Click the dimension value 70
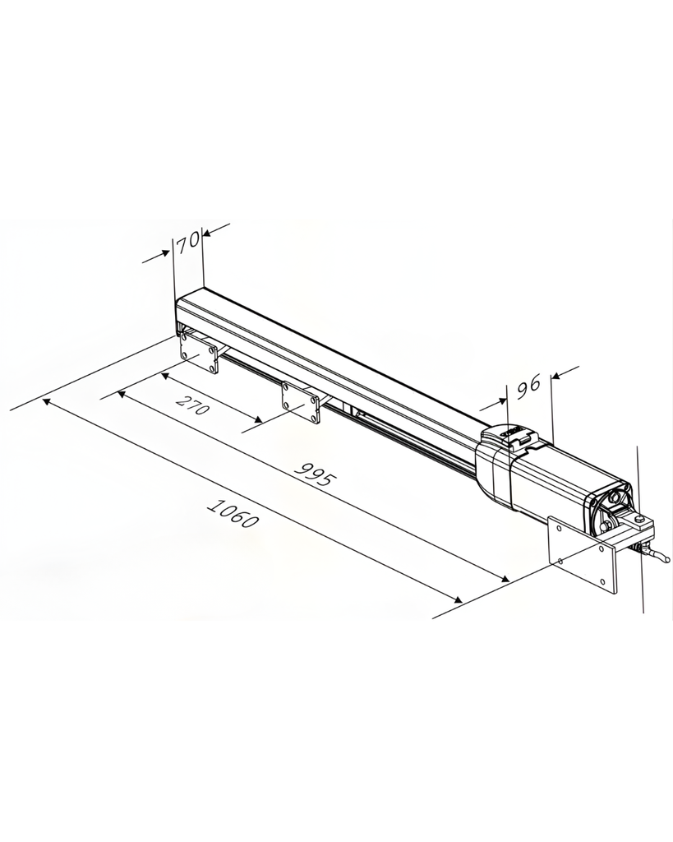tap(188, 240)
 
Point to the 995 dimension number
tap(316, 475)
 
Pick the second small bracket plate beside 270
tap(300, 401)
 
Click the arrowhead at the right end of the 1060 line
tap(454, 599)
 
